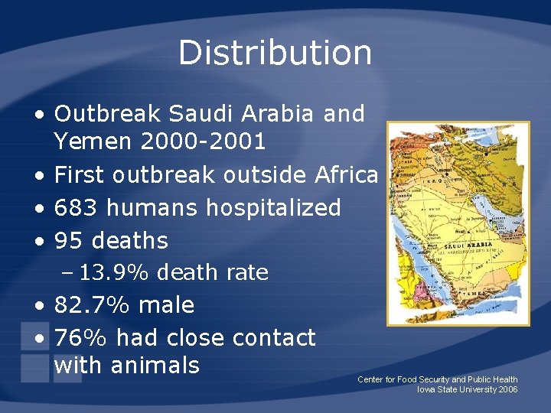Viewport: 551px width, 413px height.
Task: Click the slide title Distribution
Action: pyautogui.click(x=275, y=53)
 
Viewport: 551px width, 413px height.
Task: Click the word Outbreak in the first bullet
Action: pyautogui.click(x=107, y=114)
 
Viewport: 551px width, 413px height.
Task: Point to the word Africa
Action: pyautogui.click(x=346, y=174)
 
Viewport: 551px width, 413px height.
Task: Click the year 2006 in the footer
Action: pyautogui.click(x=507, y=389)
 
